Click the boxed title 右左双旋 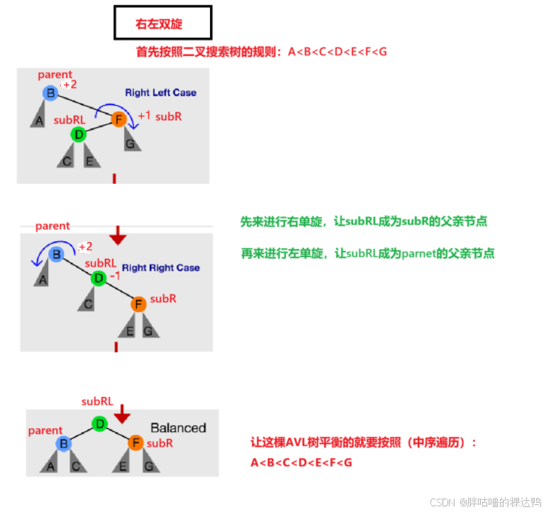pos(162,23)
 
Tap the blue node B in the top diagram pos(50,92)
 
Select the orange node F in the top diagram pos(118,120)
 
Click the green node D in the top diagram pos(79,133)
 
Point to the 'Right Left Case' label pos(160,92)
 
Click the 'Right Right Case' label pos(160,267)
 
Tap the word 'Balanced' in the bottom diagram pos(178,428)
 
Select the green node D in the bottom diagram pos(100,424)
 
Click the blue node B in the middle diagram pos(57,254)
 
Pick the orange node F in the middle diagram pos(138,305)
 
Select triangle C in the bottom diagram pos(75,464)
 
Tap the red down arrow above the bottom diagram pos(123,412)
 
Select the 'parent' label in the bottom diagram pos(45,430)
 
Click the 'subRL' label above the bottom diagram pos(97,401)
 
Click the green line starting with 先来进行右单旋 pos(363,222)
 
